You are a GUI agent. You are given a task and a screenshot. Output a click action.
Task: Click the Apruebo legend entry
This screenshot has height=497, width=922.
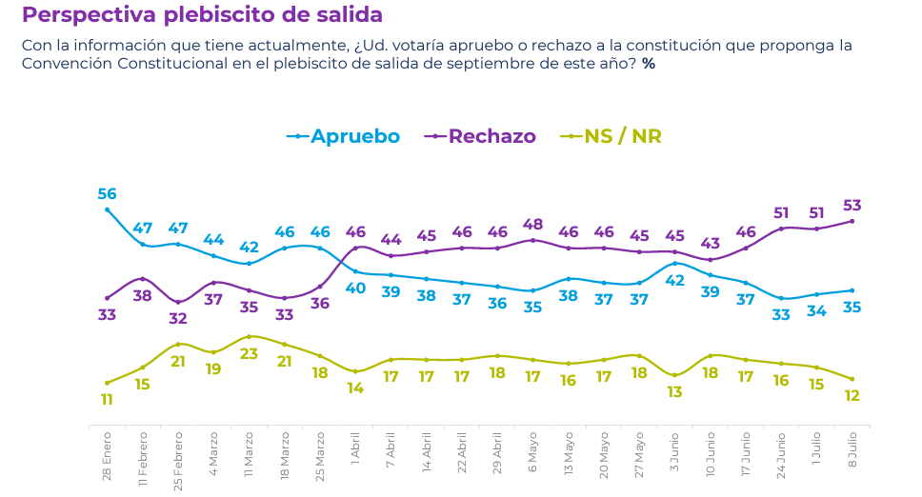pos(344,136)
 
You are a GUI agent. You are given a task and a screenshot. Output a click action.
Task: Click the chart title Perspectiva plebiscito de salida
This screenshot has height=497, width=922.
pos(202,15)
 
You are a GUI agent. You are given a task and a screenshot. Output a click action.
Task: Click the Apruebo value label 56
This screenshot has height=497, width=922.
pos(107,194)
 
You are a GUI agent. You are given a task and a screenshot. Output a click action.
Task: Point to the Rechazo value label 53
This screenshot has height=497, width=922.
pos(852,205)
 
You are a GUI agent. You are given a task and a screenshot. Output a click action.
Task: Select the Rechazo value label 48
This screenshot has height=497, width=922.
pos(532,225)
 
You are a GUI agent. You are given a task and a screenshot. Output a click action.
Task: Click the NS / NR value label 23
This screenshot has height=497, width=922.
pos(249,353)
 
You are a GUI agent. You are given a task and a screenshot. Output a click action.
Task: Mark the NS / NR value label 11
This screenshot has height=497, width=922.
pos(107,399)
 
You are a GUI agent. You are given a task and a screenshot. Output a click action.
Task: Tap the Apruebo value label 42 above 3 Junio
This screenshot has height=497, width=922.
pos(674,281)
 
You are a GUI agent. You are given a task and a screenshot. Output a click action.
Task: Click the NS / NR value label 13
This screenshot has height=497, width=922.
pos(674,391)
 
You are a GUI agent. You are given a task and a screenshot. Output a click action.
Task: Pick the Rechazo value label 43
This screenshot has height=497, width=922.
pos(710,244)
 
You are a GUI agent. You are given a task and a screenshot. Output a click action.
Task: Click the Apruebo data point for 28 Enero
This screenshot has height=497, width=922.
pos(107,209)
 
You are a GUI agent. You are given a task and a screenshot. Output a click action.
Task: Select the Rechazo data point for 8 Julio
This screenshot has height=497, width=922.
pos(852,221)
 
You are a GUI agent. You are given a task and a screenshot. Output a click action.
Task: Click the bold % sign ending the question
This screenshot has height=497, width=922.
pos(648,64)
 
